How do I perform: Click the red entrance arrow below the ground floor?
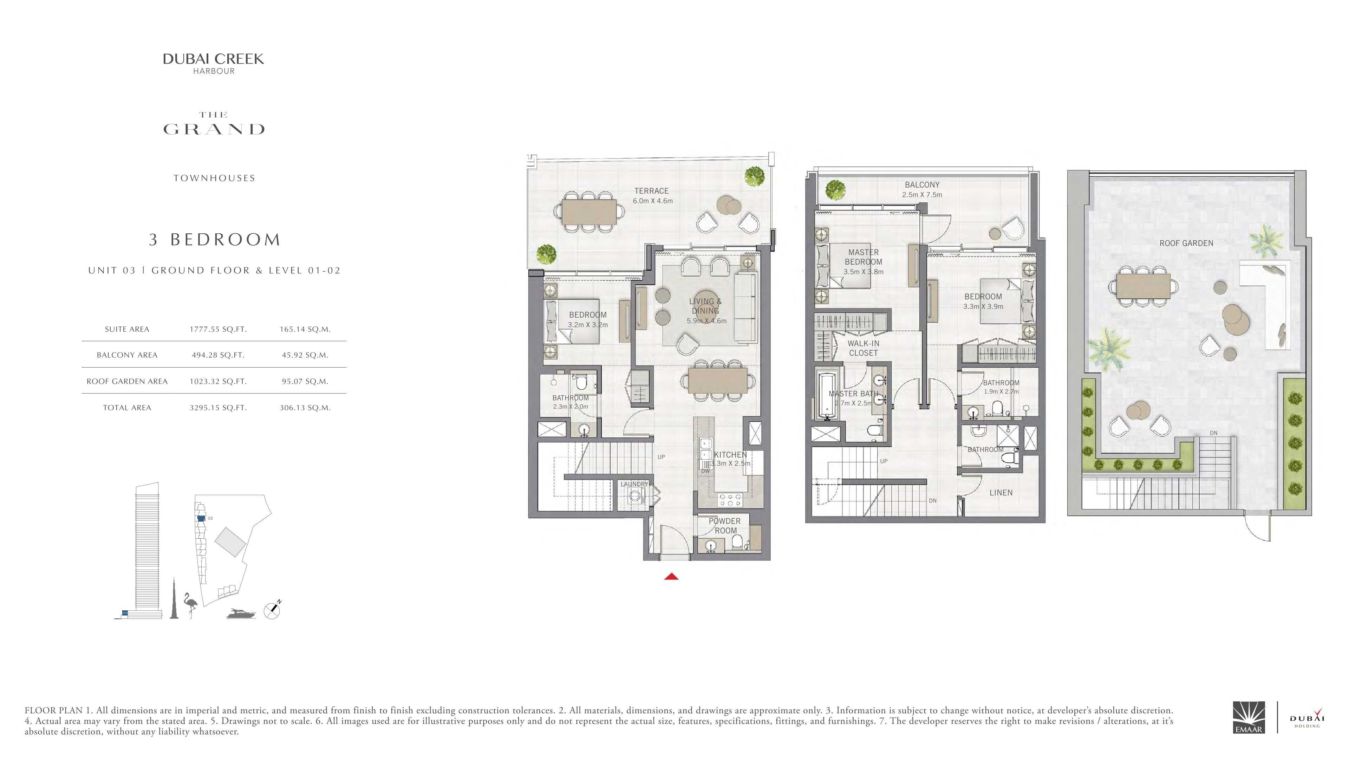point(671,577)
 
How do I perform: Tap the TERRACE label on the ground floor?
point(651,191)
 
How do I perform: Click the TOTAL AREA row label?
point(127,408)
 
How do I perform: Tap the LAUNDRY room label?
point(634,484)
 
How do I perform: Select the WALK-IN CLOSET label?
point(864,348)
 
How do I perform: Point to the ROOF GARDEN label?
point(1186,243)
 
